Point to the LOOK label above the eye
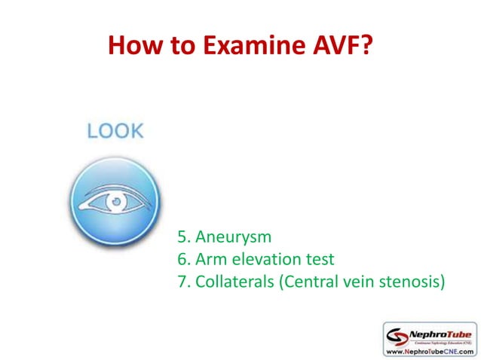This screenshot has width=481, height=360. [x=115, y=130]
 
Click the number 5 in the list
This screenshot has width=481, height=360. [x=182, y=237]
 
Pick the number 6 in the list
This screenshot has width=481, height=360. [x=182, y=260]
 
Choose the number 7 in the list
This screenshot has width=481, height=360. [x=182, y=282]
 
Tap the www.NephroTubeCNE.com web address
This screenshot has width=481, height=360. [x=430, y=351]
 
